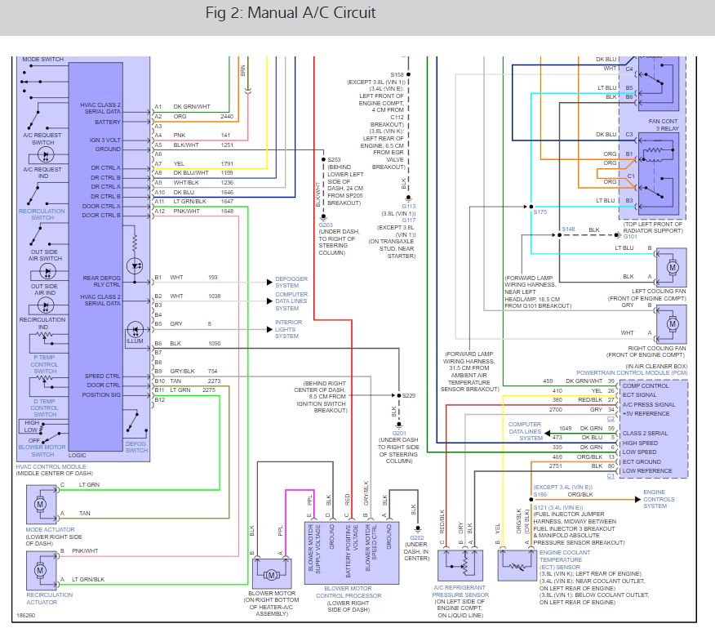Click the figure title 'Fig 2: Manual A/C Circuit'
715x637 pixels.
[291, 13]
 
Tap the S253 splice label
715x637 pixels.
[334, 160]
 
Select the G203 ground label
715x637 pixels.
[326, 225]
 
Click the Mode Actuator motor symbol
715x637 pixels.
[41, 504]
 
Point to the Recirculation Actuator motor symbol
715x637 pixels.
[41, 570]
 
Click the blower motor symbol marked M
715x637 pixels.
[271, 575]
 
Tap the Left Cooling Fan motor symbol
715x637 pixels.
[672, 267]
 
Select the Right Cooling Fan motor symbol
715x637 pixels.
[672, 324]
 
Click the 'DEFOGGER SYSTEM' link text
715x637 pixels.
[291, 282]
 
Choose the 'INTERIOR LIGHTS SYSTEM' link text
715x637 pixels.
[288, 329]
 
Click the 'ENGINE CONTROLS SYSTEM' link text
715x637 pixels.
[659, 499]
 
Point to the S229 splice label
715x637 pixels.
[409, 395]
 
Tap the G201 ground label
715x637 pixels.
[399, 433]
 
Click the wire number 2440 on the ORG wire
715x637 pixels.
[227, 116]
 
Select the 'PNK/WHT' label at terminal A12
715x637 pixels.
[186, 212]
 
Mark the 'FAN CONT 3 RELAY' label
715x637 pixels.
[664, 125]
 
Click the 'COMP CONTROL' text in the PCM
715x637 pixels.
[646, 386]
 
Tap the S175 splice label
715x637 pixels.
[540, 212]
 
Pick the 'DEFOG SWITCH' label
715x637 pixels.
[136, 448]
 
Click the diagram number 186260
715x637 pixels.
[25, 616]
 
